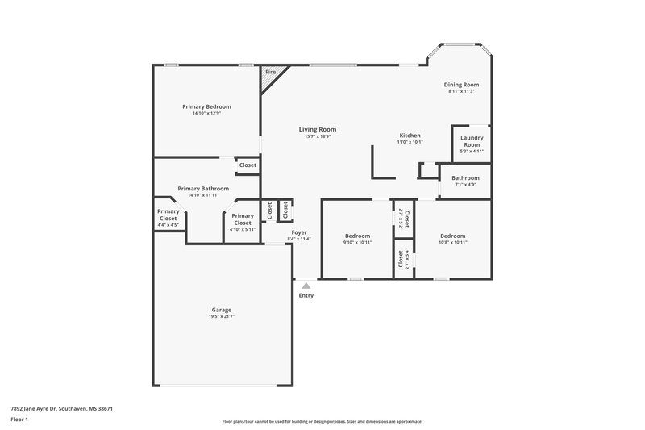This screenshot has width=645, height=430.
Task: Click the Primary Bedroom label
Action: coord(206,106)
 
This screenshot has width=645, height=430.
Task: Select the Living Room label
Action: coord(317,129)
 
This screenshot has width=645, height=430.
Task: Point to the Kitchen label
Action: coord(410,135)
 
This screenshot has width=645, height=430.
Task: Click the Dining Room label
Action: coord(461,85)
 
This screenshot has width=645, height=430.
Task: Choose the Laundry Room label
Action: coord(471,141)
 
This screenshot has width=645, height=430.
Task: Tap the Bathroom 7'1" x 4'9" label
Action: coord(465,178)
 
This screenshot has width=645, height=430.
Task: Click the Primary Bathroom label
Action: coord(203,188)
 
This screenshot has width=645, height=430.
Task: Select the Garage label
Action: coord(222,310)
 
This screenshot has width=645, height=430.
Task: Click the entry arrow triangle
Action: coord(306,285)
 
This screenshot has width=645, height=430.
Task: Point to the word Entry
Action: coord(306,295)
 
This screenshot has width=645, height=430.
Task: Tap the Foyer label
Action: coord(298,232)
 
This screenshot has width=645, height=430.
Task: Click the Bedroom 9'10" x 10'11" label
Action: coord(356,236)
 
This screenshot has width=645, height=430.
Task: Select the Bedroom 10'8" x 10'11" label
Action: coord(451,236)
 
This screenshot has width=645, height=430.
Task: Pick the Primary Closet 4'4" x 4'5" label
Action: coord(168,215)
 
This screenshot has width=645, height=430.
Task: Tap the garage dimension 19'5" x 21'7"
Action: coord(222,317)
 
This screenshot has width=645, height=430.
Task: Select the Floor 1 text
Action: coord(19,420)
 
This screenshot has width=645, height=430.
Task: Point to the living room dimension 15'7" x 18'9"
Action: coord(317,136)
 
